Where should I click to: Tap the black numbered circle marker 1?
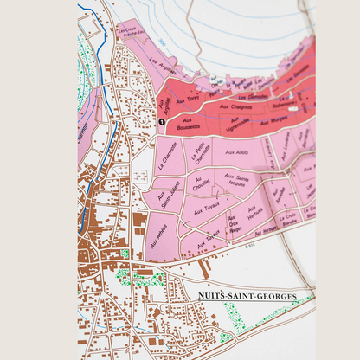coord(161,124)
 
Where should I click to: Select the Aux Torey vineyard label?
coord(187,101)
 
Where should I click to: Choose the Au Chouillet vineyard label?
coord(202,183)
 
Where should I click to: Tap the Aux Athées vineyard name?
coord(159,234)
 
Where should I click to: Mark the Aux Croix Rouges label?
coord(233,225)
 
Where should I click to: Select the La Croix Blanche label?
coord(289,216)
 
